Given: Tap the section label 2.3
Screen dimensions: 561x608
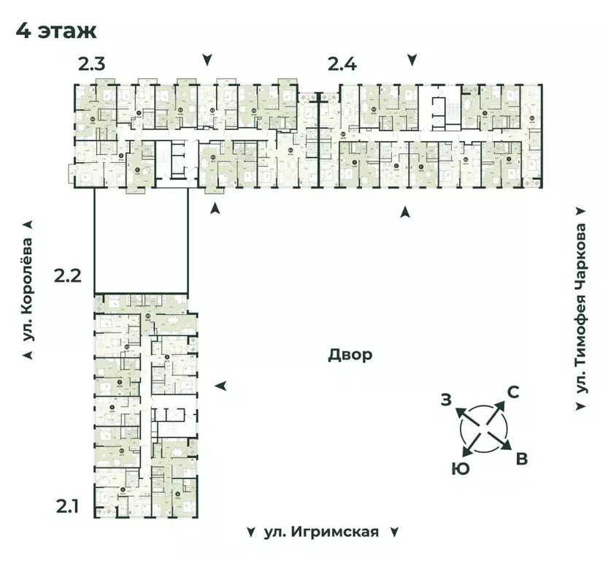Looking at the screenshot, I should (93, 65).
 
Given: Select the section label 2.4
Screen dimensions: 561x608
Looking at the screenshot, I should (342, 65).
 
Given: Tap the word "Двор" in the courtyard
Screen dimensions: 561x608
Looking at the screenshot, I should (350, 355).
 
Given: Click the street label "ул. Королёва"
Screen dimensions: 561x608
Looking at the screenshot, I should (28, 289).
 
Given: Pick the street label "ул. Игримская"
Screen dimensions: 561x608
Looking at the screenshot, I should (322, 531).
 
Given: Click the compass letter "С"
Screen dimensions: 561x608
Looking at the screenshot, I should (512, 392).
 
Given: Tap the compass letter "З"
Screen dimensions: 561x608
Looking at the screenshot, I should (445, 399).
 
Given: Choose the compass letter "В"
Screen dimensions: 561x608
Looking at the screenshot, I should (521, 459).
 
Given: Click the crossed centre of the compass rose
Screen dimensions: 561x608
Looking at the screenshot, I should (482, 428).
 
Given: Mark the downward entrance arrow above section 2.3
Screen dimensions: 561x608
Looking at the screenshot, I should (208, 59).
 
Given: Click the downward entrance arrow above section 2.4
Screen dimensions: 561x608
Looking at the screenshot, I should (413, 59).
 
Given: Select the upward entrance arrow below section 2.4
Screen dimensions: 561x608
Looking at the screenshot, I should (404, 212).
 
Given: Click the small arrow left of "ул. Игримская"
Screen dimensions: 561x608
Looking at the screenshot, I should (251, 531).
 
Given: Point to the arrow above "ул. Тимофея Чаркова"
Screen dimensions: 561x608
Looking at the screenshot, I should (581, 210).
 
